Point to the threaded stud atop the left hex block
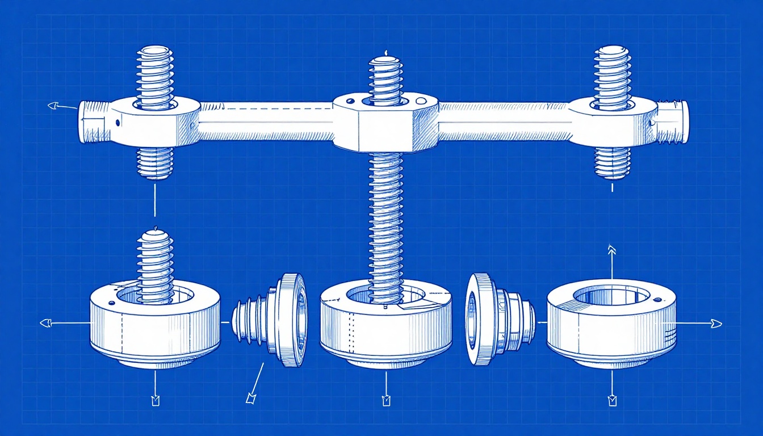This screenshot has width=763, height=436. click(154, 77)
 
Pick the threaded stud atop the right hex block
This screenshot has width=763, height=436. click(612, 77)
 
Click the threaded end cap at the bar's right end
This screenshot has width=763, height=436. click(673, 121)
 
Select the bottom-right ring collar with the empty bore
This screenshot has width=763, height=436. click(612, 324)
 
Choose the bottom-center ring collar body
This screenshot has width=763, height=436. click(386, 329)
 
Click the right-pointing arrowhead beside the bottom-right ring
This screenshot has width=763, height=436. click(716, 324)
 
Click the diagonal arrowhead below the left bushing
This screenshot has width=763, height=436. click(250, 399)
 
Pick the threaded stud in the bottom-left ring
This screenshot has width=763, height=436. click(154, 261)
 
